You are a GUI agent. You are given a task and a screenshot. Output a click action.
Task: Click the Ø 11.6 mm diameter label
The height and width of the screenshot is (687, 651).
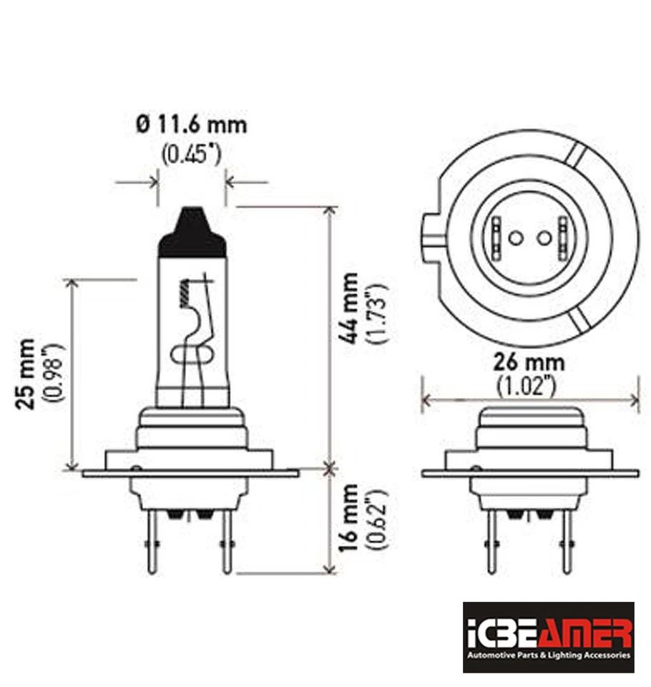pyautogui.click(x=191, y=125)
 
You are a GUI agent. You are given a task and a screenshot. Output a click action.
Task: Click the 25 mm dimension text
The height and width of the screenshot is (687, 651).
pyautogui.click(x=26, y=374)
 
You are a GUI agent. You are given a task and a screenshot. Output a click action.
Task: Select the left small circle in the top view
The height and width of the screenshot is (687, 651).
pyautogui.click(x=514, y=237)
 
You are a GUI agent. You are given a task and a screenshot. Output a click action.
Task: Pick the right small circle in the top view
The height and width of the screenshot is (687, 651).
pyautogui.click(x=544, y=237)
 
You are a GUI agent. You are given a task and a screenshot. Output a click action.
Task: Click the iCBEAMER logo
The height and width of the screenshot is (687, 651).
pyautogui.click(x=548, y=636)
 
